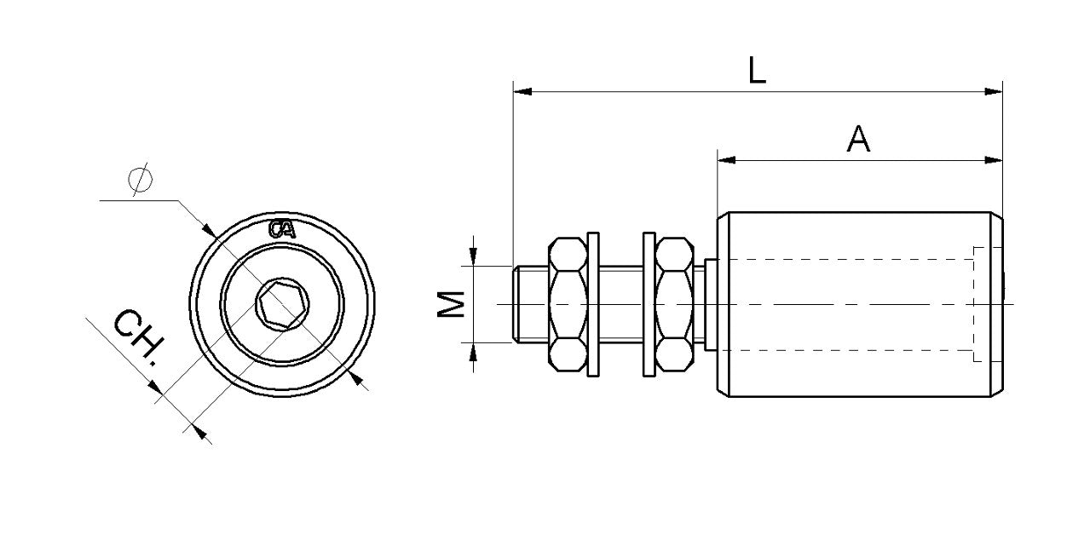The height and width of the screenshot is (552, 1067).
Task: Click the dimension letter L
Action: (756, 70)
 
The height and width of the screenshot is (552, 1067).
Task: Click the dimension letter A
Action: (858, 139)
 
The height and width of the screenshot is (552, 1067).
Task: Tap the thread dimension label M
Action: (453, 304)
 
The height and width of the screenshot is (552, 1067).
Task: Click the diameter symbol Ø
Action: (138, 181)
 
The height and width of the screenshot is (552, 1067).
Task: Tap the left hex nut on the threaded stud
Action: (567, 304)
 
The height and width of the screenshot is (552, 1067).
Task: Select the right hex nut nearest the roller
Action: (674, 304)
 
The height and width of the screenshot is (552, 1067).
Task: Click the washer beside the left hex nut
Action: (594, 304)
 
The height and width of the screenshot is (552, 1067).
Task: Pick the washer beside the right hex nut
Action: (648, 304)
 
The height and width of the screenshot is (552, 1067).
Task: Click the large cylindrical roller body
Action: (852, 304)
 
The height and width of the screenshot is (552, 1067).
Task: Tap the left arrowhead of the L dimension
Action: (522, 90)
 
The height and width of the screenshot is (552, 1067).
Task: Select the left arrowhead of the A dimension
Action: (726, 159)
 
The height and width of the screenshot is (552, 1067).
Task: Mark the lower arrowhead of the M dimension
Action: (474, 350)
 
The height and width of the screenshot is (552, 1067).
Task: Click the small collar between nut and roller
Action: (709, 304)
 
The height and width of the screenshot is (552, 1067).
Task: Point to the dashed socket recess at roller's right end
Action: (985, 304)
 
